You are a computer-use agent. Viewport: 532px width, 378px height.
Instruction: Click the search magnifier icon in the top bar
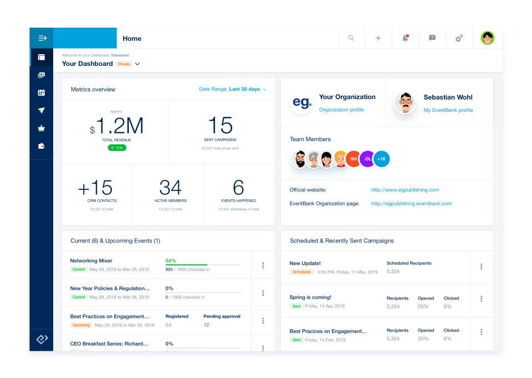(x=351, y=38)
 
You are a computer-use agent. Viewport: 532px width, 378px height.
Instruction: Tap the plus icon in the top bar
(x=378, y=38)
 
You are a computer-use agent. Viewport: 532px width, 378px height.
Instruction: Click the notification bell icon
(x=405, y=38)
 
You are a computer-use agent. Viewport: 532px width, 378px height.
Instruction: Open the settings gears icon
(x=459, y=38)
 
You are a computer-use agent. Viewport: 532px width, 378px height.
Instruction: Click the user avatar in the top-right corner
(x=488, y=38)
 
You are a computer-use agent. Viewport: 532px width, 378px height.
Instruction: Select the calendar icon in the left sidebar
(x=42, y=92)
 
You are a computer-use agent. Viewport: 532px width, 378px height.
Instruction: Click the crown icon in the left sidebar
(x=42, y=128)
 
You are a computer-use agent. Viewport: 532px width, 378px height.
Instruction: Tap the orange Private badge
(x=124, y=64)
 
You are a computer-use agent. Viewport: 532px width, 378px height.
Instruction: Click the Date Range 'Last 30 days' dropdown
(x=233, y=89)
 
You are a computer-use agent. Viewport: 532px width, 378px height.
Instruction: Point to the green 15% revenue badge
(x=117, y=148)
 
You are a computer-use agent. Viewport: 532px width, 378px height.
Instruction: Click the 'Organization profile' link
(x=341, y=110)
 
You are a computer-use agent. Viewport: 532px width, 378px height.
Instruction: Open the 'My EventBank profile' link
(x=448, y=110)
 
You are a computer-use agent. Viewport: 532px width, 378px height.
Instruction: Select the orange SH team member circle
(x=353, y=159)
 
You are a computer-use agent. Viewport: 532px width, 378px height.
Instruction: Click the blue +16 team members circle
(x=381, y=159)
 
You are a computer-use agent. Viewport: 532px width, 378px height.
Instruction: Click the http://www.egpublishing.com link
(x=405, y=190)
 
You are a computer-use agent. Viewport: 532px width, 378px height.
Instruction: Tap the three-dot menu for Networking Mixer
(x=263, y=265)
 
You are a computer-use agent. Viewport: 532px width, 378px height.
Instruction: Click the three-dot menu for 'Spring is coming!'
(x=481, y=299)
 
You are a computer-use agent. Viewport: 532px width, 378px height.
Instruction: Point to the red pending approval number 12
(x=207, y=325)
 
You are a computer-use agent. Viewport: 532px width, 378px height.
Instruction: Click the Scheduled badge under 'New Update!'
(x=302, y=272)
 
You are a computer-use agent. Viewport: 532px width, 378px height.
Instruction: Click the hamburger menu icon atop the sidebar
(x=42, y=38)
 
